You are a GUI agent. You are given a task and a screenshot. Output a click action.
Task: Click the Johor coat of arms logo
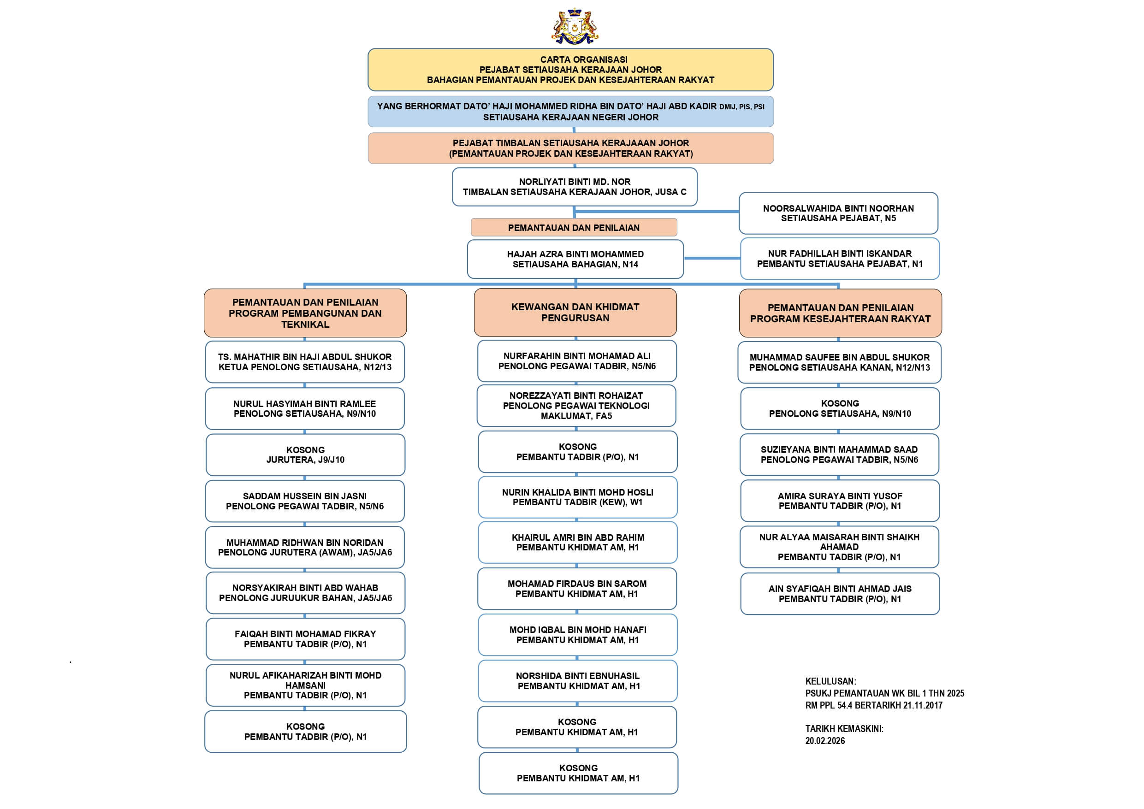(575, 26)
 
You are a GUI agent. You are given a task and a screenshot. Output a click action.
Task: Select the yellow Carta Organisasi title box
(570, 70)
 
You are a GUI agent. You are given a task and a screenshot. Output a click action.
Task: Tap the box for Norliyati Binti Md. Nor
(575, 187)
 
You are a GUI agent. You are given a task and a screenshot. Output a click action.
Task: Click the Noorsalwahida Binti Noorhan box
(838, 213)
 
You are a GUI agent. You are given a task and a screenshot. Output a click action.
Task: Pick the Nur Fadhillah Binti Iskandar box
(840, 259)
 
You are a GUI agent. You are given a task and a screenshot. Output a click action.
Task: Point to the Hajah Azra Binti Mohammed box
(575, 259)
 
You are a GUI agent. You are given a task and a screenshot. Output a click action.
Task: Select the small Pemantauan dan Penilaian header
(574, 228)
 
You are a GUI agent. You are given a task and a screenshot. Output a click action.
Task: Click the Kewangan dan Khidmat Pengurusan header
(575, 313)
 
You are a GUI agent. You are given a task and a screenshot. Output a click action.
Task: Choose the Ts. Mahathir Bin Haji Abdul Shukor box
(305, 362)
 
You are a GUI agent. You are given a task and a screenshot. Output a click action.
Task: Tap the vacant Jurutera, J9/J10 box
(305, 455)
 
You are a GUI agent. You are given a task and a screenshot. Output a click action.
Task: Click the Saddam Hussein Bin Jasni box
(305, 501)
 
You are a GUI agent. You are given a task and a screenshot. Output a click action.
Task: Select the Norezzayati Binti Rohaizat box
(576, 406)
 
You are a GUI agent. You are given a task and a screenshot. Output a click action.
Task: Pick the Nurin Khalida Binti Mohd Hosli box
(577, 497)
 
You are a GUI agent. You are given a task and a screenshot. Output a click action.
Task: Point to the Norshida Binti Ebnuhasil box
(577, 681)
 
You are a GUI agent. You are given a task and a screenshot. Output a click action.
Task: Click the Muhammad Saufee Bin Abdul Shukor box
(840, 362)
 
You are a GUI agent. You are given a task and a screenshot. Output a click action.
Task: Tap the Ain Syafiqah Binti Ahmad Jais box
(840, 594)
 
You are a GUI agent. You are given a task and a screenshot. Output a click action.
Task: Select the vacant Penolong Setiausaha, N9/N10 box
(840, 408)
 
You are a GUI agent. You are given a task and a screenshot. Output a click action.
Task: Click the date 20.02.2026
(825, 741)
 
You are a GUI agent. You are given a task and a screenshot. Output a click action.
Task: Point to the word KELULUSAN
(830, 681)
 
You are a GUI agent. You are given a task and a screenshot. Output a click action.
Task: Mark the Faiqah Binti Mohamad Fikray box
(305, 639)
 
